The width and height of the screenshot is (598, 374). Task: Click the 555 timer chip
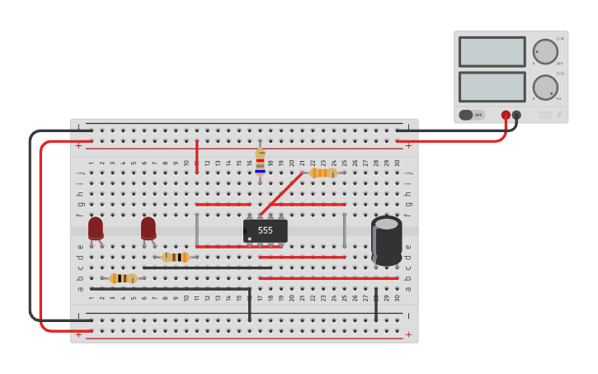click(265, 230)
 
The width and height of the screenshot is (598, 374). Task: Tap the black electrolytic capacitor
click(386, 240)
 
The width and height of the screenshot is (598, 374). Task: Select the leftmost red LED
click(96, 229)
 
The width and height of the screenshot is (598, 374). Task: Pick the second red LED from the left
click(148, 229)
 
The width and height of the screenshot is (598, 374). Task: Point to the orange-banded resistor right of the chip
click(323, 173)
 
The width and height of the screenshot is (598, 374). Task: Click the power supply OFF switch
click(472, 115)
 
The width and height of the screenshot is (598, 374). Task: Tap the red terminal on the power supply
click(506, 116)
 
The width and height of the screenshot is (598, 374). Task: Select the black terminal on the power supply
click(516, 116)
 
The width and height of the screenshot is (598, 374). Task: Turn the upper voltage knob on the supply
click(544, 51)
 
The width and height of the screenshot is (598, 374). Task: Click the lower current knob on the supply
click(544, 87)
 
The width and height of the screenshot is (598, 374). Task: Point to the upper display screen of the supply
click(492, 52)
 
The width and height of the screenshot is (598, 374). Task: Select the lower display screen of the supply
click(492, 87)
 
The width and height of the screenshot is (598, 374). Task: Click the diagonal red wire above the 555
click(280, 194)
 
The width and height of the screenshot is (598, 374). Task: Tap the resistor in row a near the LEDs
click(124, 278)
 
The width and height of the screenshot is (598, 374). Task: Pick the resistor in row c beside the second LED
click(175, 257)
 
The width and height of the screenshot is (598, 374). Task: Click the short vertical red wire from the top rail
click(196, 156)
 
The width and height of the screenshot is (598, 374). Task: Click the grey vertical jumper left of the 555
click(196, 230)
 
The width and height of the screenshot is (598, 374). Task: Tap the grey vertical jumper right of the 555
click(344, 230)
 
